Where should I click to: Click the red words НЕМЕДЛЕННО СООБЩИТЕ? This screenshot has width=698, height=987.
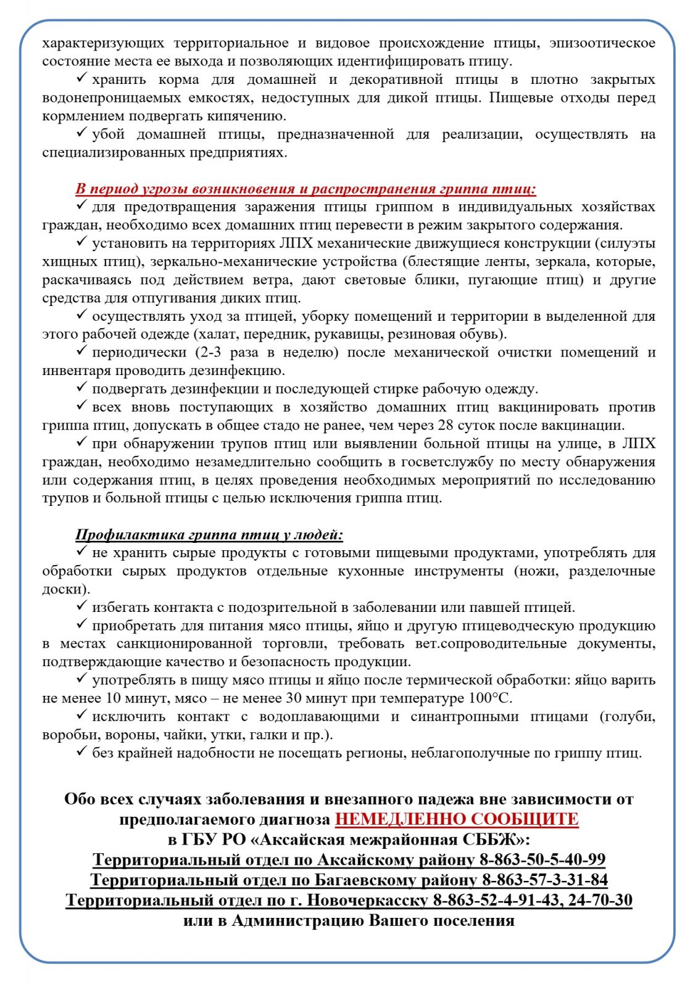pyautogui.click(x=457, y=819)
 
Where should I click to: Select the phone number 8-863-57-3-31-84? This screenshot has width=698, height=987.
pyautogui.click(x=544, y=880)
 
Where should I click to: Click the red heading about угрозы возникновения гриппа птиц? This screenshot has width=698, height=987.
pyautogui.click(x=305, y=189)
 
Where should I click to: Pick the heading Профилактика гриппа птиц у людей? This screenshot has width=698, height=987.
pyautogui.click(x=209, y=534)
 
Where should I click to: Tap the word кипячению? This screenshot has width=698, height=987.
pyautogui.click(x=246, y=116)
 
